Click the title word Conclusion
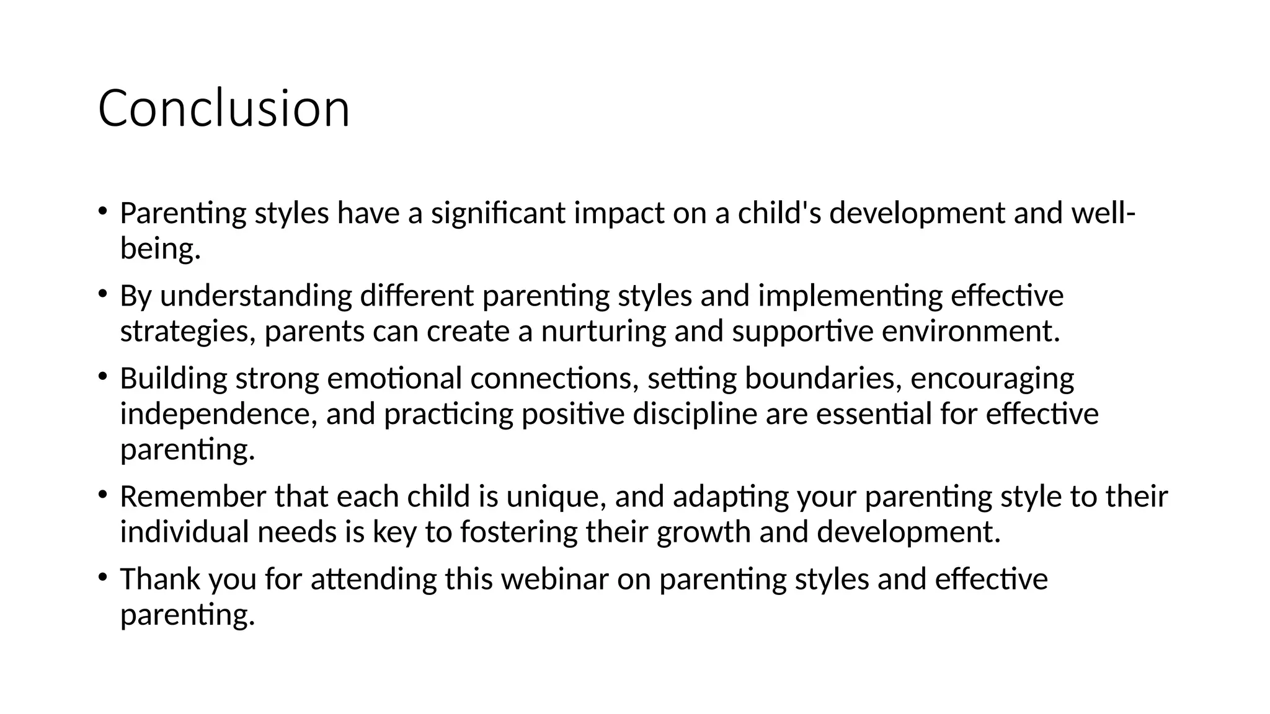pos(224,108)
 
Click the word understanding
pos(256,296)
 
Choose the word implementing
pos(850,296)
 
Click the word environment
pos(970,332)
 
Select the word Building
pos(174,379)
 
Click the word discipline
pos(695,414)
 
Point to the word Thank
pos(160,580)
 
